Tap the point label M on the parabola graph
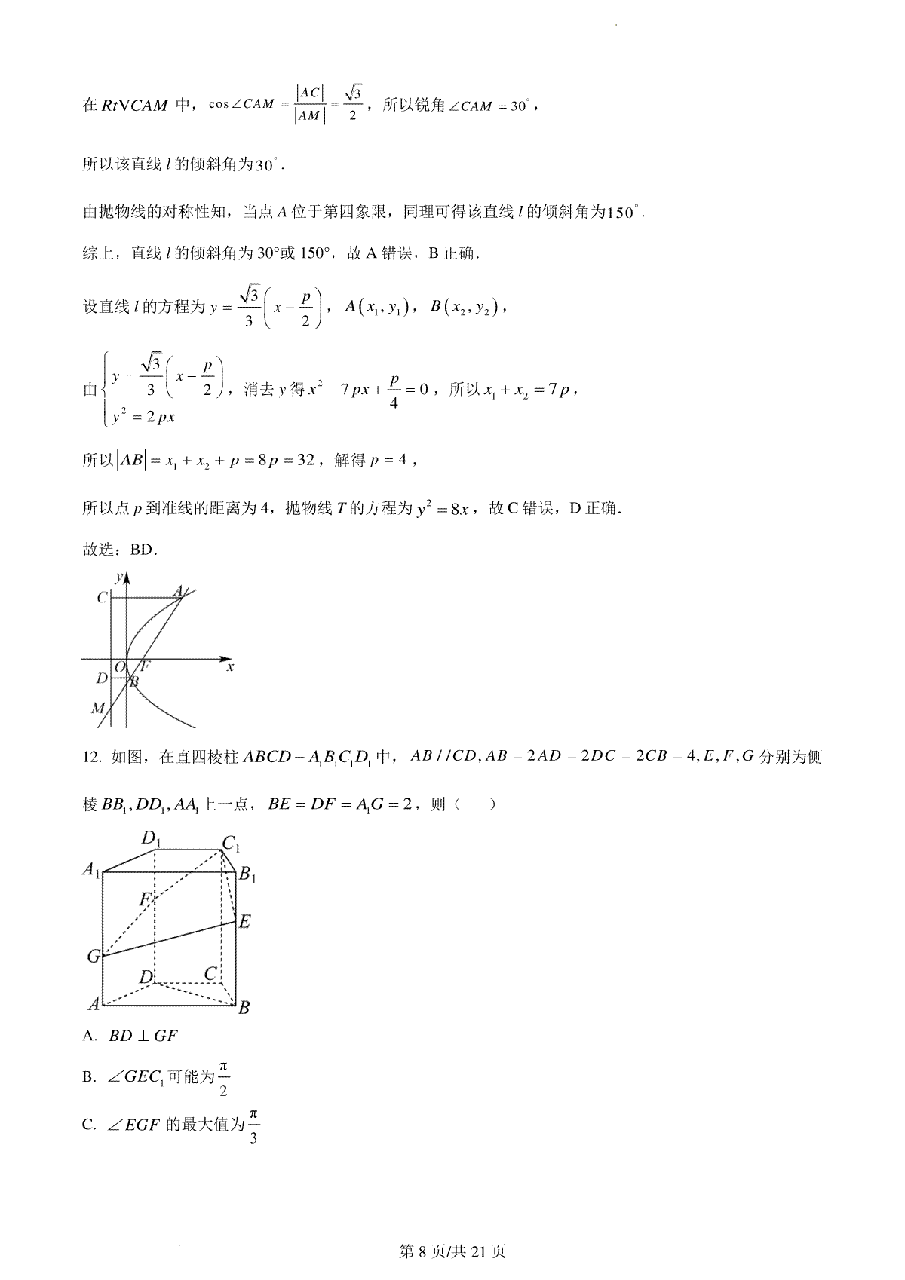coord(97,708)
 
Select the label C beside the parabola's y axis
coord(102,598)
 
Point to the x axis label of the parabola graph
coord(230,666)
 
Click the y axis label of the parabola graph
coord(118,577)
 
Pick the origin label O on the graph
coord(119,667)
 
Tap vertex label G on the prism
coord(94,957)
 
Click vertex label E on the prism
coord(244,921)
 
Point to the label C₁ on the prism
coord(231,845)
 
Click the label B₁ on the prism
coord(247,875)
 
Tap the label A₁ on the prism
coord(91,870)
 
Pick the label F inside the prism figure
coord(146,899)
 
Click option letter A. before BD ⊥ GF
coord(90,1036)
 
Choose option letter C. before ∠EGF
coord(90,1125)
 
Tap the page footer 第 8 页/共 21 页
coord(452,1251)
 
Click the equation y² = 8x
coord(443,510)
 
